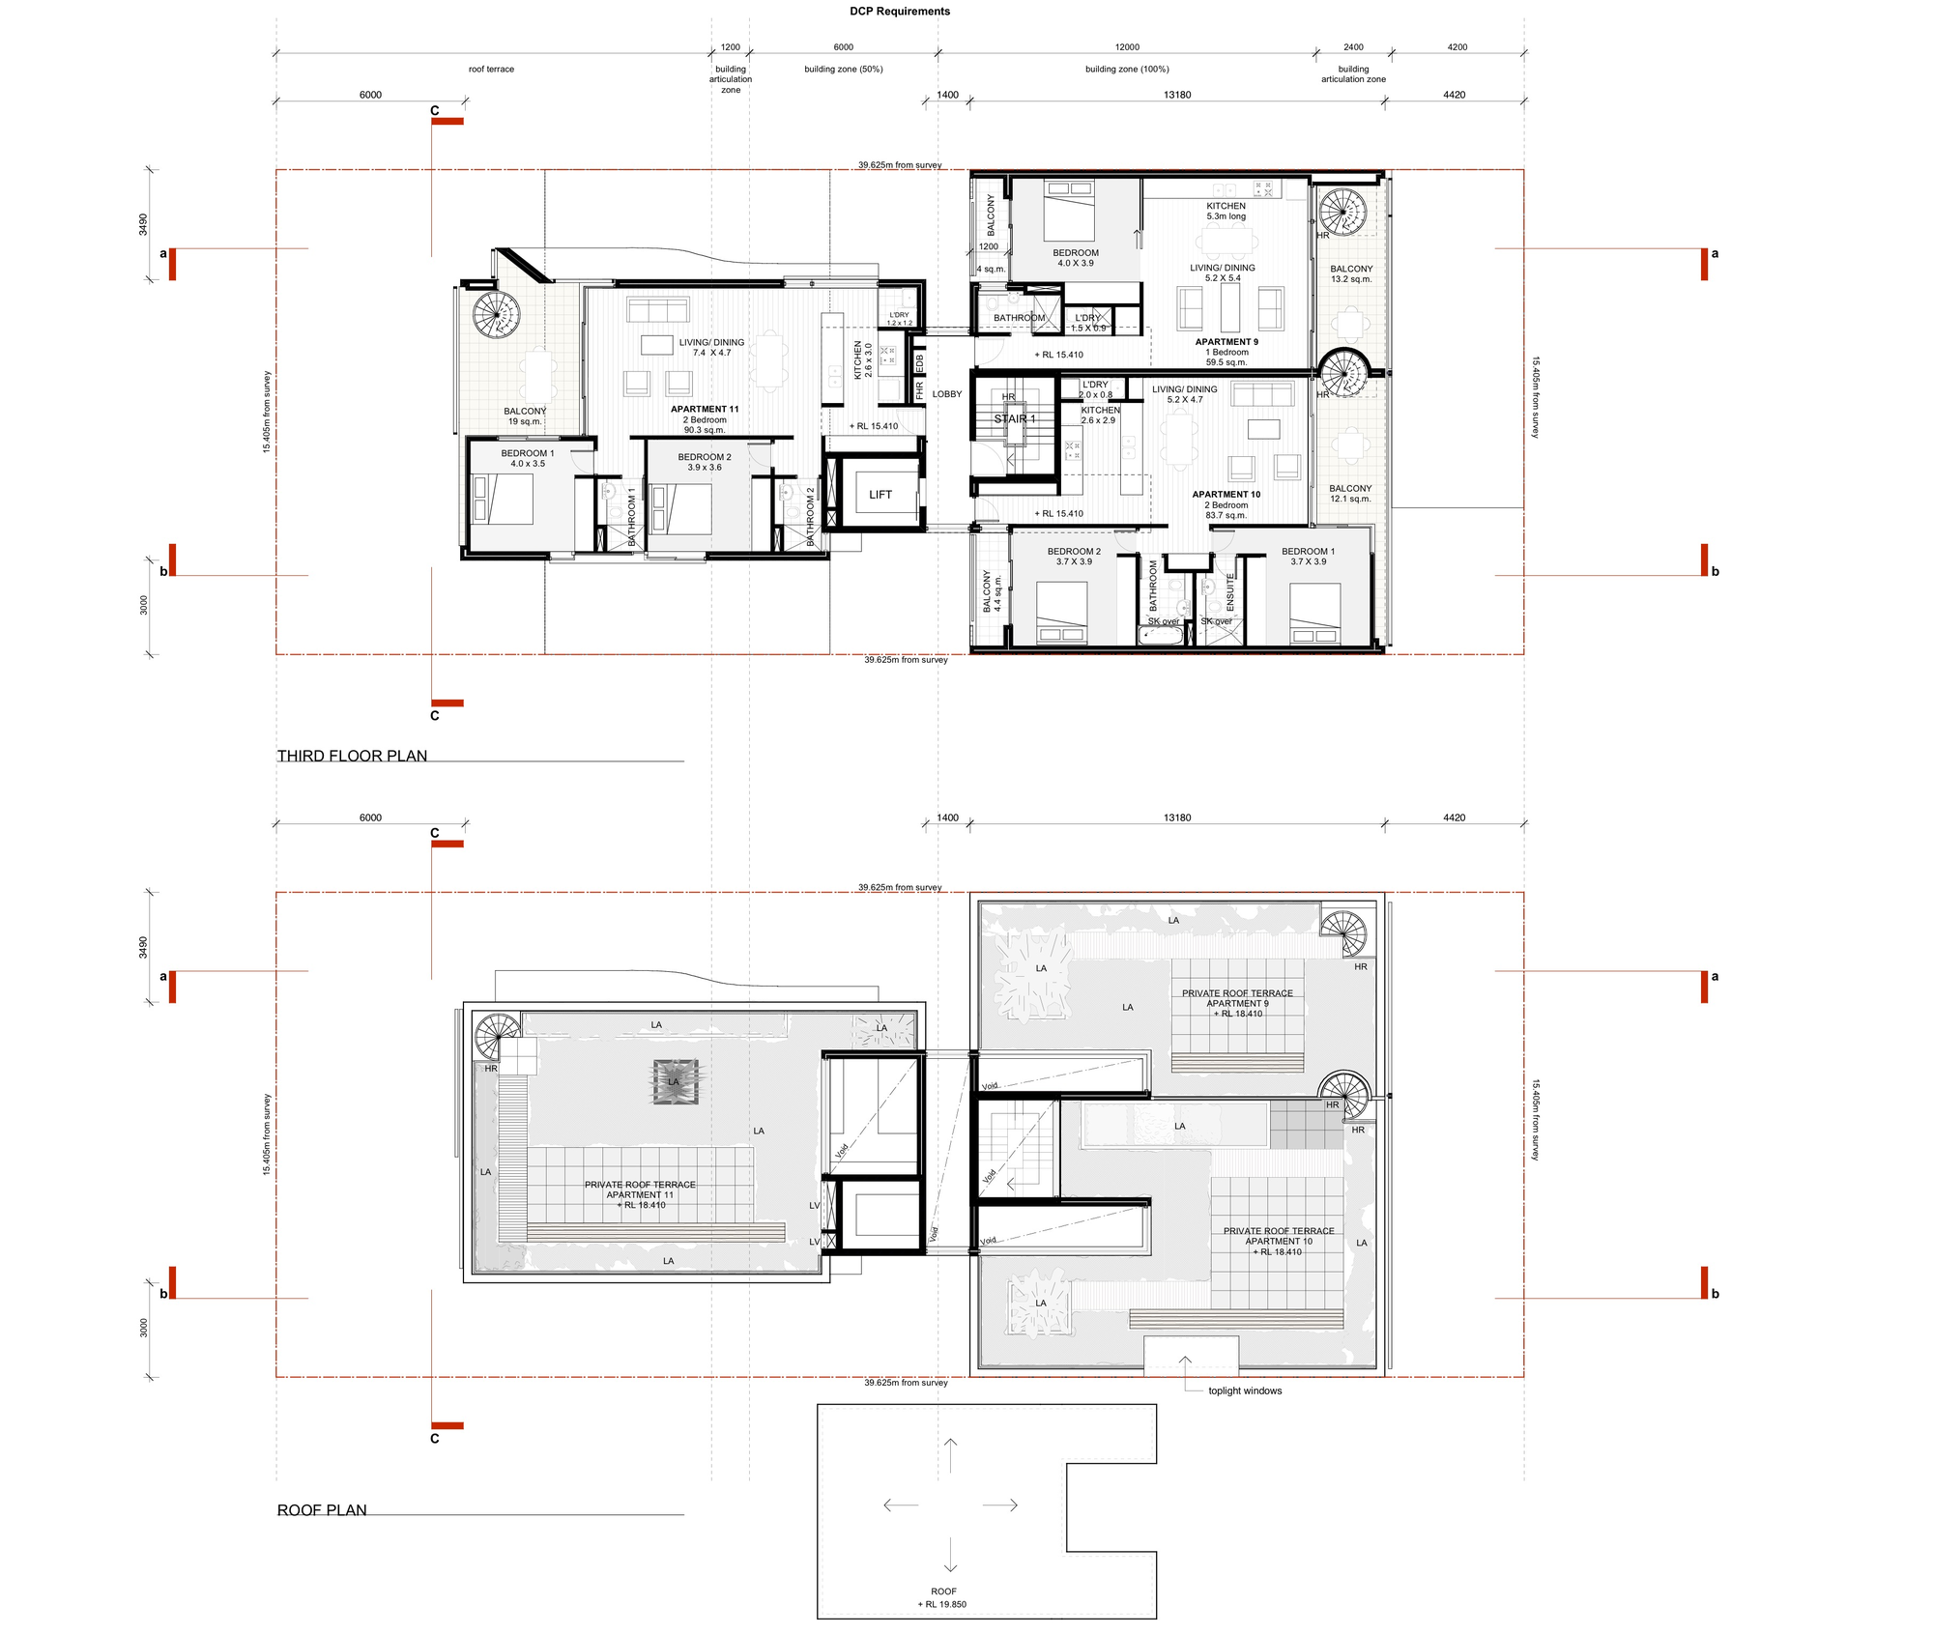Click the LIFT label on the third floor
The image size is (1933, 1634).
pyautogui.click(x=880, y=495)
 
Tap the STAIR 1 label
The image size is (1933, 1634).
pyautogui.click(x=1014, y=419)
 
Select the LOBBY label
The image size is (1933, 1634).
pyautogui.click(x=946, y=394)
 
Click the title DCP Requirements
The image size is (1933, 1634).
pyautogui.click(x=899, y=12)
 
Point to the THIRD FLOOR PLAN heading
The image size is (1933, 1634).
pyautogui.click(x=352, y=756)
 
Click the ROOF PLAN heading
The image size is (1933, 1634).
pyautogui.click(x=322, y=1509)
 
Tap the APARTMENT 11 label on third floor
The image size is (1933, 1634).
pyautogui.click(x=705, y=410)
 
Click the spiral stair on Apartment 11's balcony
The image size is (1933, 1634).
pyautogui.click(x=497, y=314)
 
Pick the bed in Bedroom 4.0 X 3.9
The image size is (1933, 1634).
pyautogui.click(x=1069, y=211)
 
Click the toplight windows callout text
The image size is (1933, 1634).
pyautogui.click(x=1244, y=1390)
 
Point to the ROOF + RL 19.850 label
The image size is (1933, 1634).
pyautogui.click(x=942, y=1597)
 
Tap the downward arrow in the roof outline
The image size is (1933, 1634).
pyautogui.click(x=949, y=1545)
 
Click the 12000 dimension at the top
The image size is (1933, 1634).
pyautogui.click(x=1126, y=47)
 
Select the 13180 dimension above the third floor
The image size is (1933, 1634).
pyautogui.click(x=1176, y=95)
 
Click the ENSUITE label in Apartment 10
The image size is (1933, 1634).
pyautogui.click(x=1230, y=592)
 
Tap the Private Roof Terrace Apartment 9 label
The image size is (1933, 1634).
pyautogui.click(x=1236, y=1003)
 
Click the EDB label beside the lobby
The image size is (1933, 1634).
pyautogui.click(x=919, y=363)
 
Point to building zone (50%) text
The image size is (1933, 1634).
pyautogui.click(x=843, y=70)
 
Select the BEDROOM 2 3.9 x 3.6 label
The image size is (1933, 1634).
pyautogui.click(x=704, y=462)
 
